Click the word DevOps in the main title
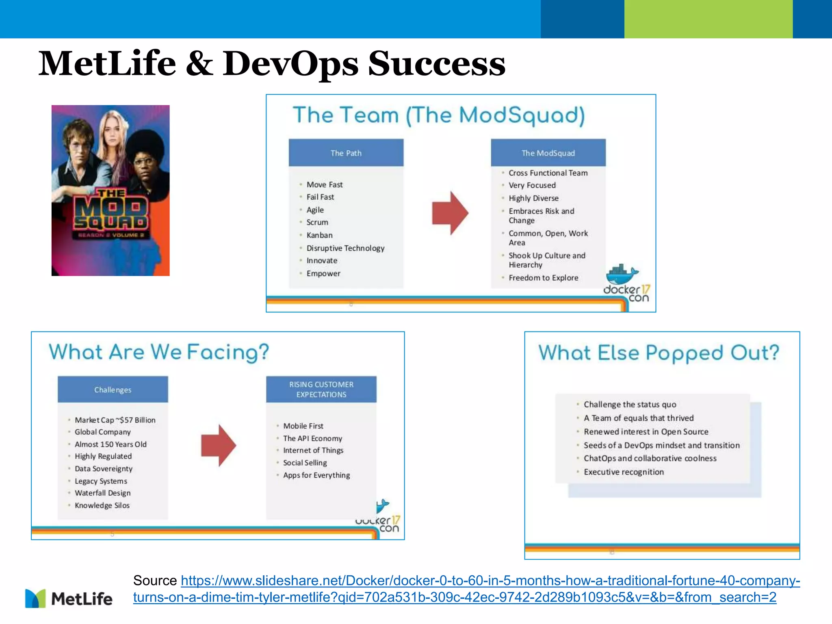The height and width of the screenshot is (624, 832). tap(290, 64)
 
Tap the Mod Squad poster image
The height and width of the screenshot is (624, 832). tap(110, 190)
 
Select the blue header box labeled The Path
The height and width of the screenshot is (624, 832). tap(346, 153)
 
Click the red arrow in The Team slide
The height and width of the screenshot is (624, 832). tap(450, 213)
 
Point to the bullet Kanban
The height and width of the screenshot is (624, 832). tap(319, 235)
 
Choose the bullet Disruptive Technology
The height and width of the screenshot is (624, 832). tap(345, 248)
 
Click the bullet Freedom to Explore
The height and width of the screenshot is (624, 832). tap(543, 278)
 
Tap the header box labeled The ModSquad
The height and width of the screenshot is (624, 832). tap(548, 153)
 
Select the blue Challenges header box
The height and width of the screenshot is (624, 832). tap(113, 390)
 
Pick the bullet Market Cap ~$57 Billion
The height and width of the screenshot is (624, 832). tap(115, 420)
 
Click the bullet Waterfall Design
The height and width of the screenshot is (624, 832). tap(102, 493)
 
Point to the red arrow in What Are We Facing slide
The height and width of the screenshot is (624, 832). tap(218, 445)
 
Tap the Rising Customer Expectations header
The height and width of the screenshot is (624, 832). tap(321, 389)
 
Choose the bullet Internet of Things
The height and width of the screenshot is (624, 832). tap(313, 451)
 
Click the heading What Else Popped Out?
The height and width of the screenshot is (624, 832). tap(659, 353)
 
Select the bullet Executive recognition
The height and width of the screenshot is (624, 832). tap(624, 472)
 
